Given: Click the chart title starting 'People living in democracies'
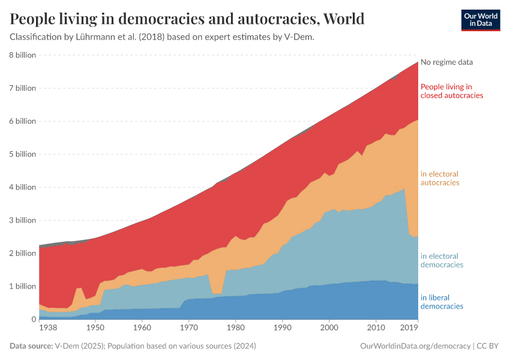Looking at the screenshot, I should click(187, 19).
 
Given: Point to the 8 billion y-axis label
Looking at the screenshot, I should click(22, 55).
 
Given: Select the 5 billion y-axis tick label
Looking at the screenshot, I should click(22, 154).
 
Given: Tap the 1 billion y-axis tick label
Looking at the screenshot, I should click(22, 286).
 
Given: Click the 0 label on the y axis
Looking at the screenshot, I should click(34, 319).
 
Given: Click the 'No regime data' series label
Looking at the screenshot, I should click(446, 62).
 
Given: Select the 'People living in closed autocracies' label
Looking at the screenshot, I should click(452, 91).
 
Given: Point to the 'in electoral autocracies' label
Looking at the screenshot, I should click(440, 178).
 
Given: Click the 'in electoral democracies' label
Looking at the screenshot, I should click(442, 260).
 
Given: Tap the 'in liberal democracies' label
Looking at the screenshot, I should click(442, 302).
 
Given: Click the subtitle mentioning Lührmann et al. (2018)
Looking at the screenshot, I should click(162, 37).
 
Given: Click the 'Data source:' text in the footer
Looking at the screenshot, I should click(31, 346).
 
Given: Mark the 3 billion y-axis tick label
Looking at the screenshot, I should click(22, 220).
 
